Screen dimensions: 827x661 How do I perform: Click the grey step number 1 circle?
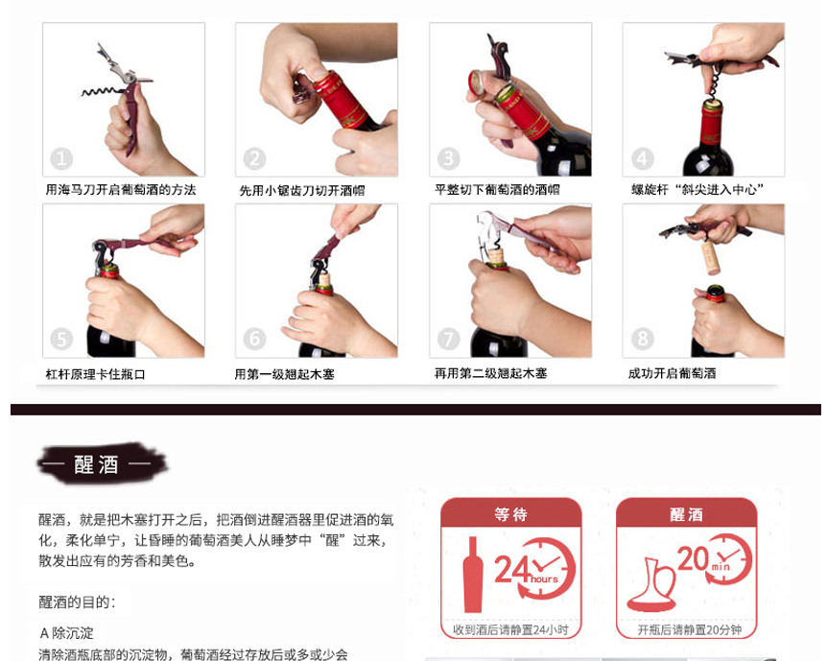click(x=61, y=159)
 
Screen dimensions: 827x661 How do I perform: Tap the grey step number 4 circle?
click(x=642, y=159)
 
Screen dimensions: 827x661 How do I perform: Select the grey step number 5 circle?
click(x=61, y=339)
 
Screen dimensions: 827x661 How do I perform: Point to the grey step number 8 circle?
click(x=642, y=339)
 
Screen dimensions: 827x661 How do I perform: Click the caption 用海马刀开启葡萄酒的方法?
click(x=121, y=190)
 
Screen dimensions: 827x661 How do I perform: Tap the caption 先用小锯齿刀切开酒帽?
click(x=302, y=191)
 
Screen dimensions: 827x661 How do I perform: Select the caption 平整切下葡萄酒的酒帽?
click(x=497, y=190)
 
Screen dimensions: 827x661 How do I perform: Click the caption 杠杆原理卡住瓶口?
click(x=96, y=374)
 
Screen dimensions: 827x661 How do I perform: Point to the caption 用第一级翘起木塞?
click(x=284, y=374)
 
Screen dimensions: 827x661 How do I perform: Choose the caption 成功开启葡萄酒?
click(x=672, y=373)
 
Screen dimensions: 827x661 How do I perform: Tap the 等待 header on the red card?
click(x=510, y=514)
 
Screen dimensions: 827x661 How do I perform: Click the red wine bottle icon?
click(x=473, y=575)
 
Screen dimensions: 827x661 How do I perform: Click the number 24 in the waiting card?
click(x=512, y=569)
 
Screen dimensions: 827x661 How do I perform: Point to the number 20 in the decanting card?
click(x=693, y=558)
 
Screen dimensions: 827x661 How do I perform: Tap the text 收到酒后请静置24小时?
click(x=510, y=630)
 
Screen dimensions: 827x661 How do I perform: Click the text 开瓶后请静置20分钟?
click(x=690, y=630)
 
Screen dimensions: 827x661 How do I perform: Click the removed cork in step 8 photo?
click(x=711, y=257)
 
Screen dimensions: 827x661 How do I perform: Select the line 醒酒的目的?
click(x=77, y=602)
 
